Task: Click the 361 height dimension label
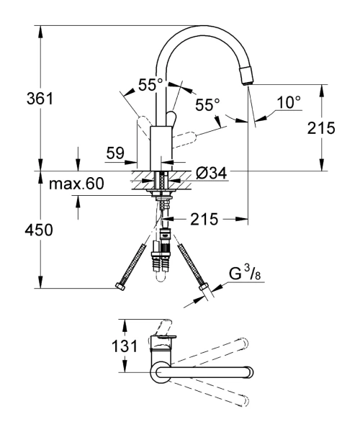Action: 40,99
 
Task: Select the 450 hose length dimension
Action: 39,230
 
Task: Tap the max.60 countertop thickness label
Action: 76,184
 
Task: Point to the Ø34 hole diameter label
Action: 211,174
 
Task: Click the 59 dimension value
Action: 115,153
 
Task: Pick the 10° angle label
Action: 289,102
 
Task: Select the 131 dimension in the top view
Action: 125,346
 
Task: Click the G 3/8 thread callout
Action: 245,274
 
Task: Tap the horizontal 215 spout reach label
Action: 204,220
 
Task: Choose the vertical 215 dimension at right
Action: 321,128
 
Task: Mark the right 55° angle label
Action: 207,104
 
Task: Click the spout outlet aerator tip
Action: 247,76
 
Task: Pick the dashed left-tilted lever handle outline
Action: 143,126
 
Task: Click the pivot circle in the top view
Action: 159,373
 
